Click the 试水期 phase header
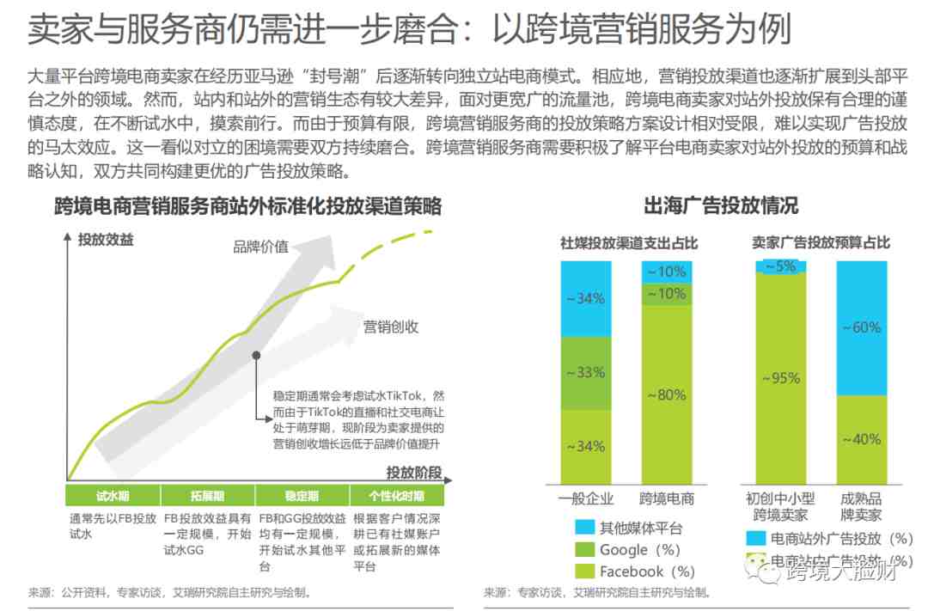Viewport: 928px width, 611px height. tap(113, 496)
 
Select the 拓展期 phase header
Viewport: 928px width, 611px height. tap(208, 496)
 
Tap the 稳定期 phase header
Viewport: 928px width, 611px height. tap(302, 496)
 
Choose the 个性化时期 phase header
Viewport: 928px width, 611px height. tap(396, 496)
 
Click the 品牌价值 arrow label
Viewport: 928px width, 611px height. tap(261, 247)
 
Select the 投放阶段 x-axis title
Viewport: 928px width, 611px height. tap(414, 472)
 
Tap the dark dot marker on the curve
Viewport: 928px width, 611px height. tap(255, 354)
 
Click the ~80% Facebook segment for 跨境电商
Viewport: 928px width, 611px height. tap(667, 394)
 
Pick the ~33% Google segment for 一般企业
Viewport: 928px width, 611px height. tap(585, 373)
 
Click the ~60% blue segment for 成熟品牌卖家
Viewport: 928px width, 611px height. tap(861, 327)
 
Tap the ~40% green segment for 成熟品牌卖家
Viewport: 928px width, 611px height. tap(861, 439)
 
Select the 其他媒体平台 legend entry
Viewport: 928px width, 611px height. tap(640, 529)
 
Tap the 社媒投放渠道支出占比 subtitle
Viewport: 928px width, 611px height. tap(629, 243)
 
